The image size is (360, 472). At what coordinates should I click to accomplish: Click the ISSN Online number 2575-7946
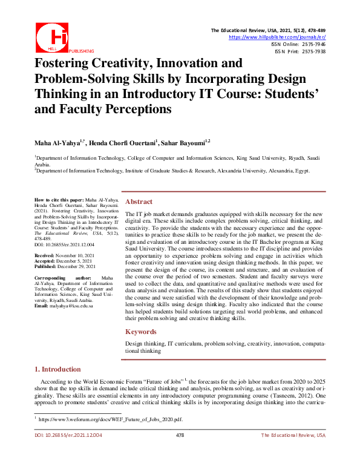pos(312,45)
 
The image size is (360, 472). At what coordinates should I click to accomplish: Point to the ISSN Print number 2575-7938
pos(312,52)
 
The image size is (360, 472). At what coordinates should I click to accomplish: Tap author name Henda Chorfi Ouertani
pos(128,142)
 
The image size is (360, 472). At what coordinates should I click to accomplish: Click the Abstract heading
pos(139,202)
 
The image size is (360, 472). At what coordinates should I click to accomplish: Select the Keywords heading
pos(142,332)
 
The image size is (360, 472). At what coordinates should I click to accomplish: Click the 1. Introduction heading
pos(57,369)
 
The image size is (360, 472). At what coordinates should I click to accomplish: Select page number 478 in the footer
pos(180,435)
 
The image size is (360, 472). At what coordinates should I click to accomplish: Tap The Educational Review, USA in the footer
pos(293,435)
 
